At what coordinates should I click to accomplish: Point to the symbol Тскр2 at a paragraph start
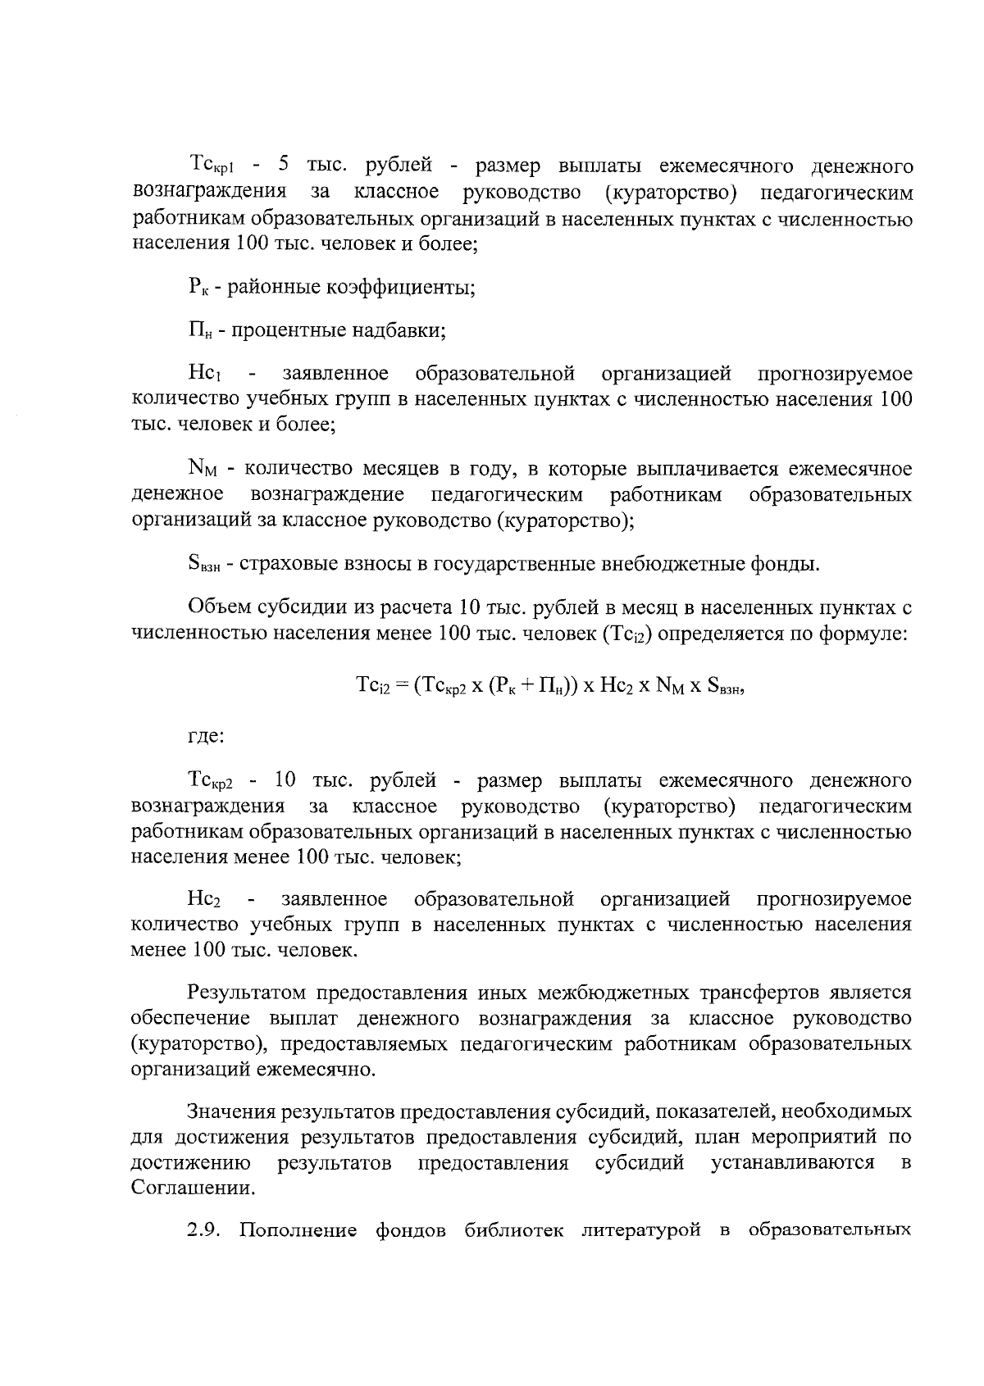coord(213,781)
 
